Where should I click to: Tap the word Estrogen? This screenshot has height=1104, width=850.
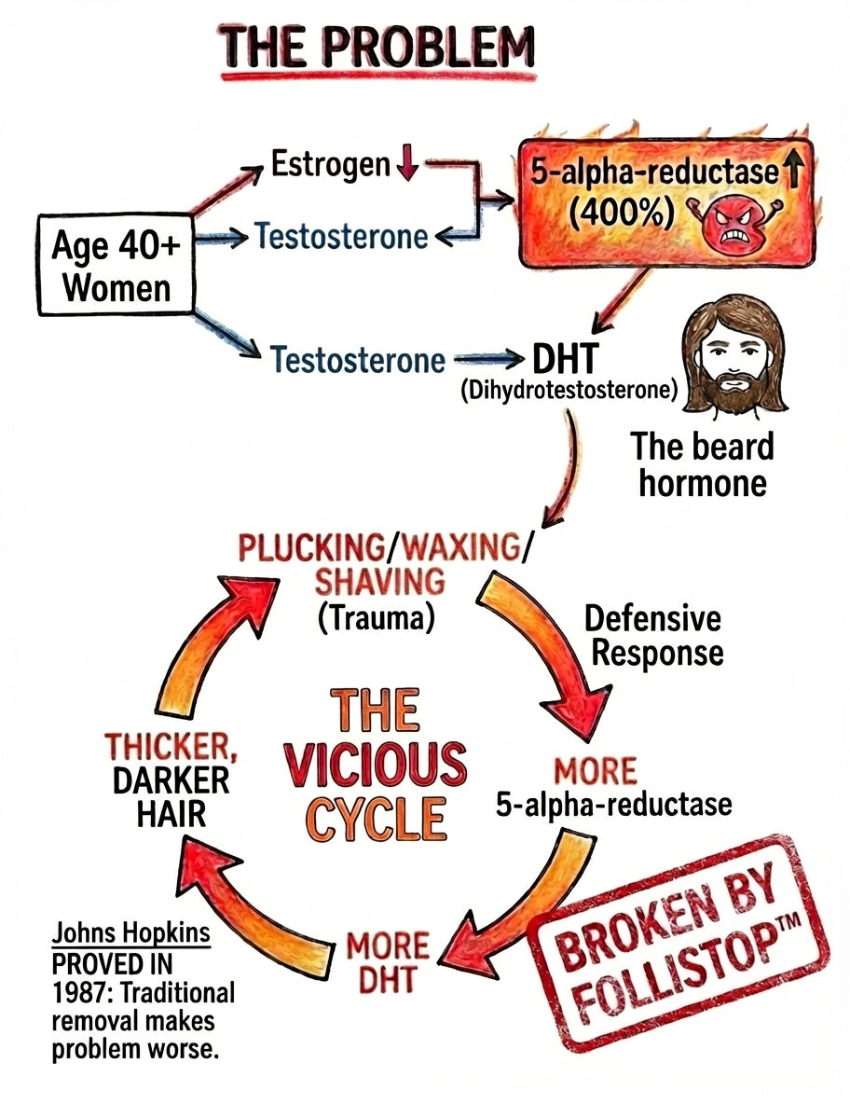point(331,165)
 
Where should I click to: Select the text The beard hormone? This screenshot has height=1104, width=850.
point(703,463)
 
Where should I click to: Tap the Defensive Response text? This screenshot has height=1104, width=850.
point(652,635)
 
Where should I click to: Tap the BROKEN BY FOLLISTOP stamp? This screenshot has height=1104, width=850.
point(678,941)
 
